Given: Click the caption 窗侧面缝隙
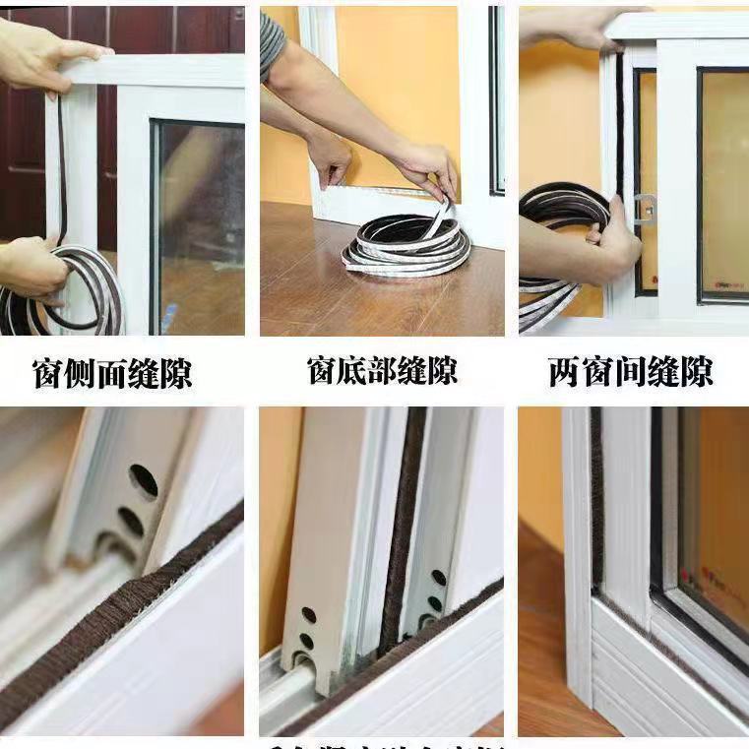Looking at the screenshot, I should point(112,373).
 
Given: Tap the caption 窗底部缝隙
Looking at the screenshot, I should point(382,372).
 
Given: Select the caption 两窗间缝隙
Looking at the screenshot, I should point(630,372).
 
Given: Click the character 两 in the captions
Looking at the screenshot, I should point(565,372).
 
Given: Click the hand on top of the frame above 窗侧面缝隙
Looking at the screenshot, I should point(44,55).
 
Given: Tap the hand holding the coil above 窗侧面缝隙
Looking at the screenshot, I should point(30,267).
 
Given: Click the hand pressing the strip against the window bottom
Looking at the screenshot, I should point(329,157).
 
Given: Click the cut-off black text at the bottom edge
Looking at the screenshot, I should point(384,743).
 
